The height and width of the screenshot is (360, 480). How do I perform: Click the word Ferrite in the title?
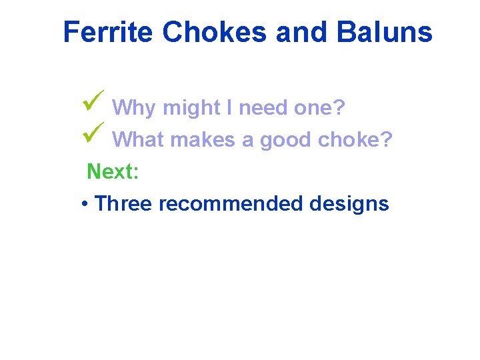[108, 32]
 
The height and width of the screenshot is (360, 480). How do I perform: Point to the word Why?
[134, 108]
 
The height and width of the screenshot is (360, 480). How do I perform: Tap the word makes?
[204, 140]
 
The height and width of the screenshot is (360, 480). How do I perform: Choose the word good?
[288, 140]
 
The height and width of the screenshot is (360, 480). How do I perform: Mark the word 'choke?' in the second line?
[359, 140]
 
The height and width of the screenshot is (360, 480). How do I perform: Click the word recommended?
[231, 204]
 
